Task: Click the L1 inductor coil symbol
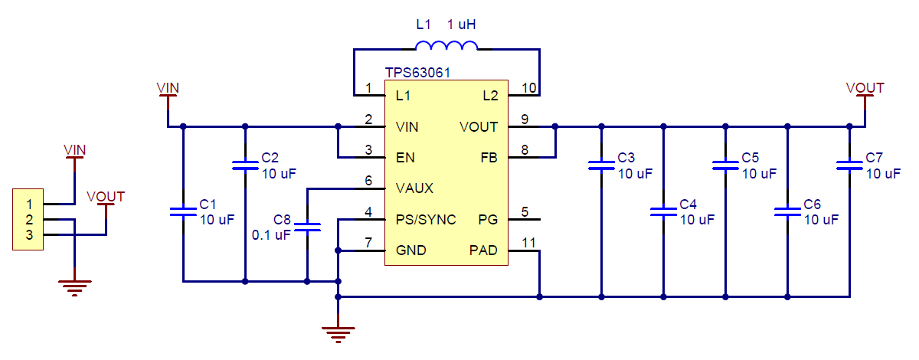pos(446,47)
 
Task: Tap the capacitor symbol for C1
pos(183,212)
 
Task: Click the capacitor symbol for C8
pos(307,227)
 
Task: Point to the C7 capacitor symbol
pos(849,165)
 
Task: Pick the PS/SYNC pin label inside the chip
pos(426,220)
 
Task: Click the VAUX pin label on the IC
pos(414,188)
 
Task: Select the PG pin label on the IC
pos(489,220)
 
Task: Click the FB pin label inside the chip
pos(489,157)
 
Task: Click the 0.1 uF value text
pos(271,235)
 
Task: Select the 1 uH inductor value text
pos(463,25)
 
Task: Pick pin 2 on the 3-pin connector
pos(28,220)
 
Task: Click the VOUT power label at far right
pos(865,88)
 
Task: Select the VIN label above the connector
pos(74,149)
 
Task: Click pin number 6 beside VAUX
pos(368,182)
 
